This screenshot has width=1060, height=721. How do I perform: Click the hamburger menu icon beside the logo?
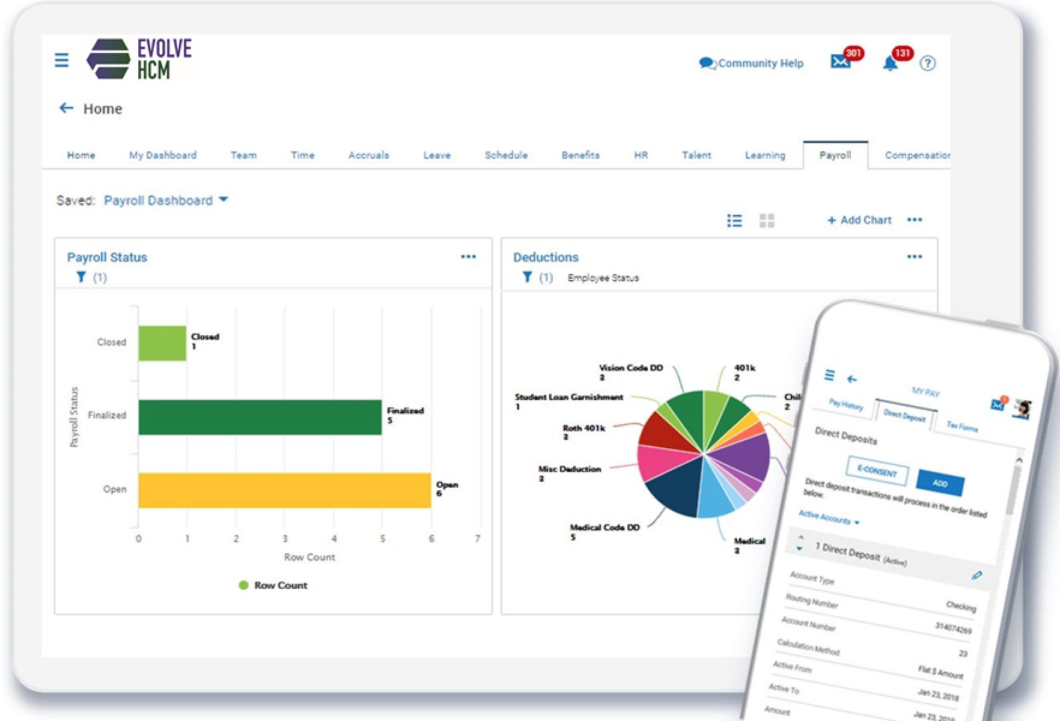click(x=62, y=60)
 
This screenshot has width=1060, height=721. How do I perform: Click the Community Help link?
click(x=752, y=63)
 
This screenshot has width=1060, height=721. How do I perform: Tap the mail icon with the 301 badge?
click(x=841, y=62)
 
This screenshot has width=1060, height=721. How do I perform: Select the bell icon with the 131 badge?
click(x=891, y=63)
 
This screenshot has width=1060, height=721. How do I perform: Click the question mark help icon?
click(x=927, y=63)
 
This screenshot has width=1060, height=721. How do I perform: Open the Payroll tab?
click(x=835, y=155)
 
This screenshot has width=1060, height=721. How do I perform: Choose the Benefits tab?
click(x=580, y=155)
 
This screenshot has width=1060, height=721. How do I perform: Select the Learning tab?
click(x=765, y=155)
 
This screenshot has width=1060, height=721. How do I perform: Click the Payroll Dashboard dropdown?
click(x=165, y=200)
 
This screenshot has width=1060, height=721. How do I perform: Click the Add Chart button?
click(x=859, y=220)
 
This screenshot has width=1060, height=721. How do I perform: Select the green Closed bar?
click(x=162, y=343)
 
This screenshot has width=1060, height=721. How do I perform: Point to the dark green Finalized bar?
click(x=260, y=417)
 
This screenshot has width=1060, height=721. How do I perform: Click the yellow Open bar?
click(x=284, y=490)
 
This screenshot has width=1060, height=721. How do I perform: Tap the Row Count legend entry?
click(x=273, y=585)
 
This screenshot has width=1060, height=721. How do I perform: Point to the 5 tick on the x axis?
click(x=382, y=539)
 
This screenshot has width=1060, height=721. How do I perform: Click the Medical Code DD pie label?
click(x=604, y=528)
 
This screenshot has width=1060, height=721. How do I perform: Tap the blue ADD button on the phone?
click(x=940, y=483)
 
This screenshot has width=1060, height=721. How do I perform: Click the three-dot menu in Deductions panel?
click(x=914, y=257)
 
